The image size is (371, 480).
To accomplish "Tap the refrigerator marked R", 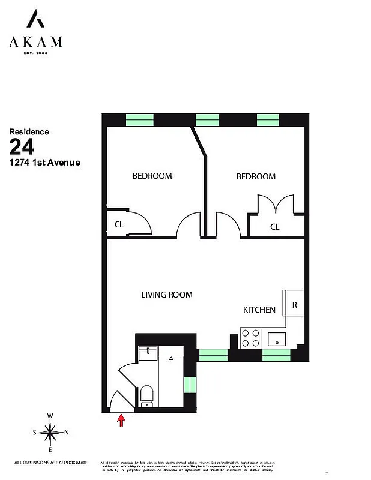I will [294, 304].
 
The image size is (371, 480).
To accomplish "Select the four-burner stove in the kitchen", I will [249, 338].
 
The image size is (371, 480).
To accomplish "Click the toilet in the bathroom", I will [146, 395].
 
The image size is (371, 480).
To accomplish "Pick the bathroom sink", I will [147, 353].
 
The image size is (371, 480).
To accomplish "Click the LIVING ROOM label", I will [166, 295].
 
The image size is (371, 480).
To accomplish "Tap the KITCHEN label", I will [259, 310].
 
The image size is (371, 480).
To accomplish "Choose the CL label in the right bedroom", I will [274, 227].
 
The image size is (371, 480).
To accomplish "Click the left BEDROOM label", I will [152, 176].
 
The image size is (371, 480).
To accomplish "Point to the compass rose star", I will [51, 432].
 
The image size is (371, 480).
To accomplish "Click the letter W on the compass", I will [51, 416].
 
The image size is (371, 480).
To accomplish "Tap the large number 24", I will [22, 146].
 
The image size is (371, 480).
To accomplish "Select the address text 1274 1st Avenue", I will [44, 162].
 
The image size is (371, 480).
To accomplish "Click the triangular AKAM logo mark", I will [35, 20].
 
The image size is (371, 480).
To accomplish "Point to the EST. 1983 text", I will [35, 53].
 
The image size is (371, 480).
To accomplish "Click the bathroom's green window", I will [190, 384].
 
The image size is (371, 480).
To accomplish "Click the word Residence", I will [29, 131].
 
